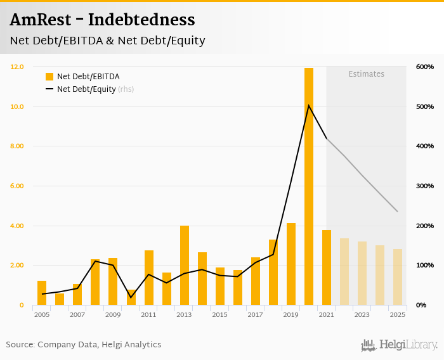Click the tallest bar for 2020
coord(309,186)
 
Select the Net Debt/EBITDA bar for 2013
coord(185,266)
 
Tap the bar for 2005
coord(42,293)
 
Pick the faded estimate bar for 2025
coord(398,277)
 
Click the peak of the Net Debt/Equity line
coord(309,105)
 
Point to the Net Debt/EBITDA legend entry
coord(82,77)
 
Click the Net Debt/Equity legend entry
coord(86,89)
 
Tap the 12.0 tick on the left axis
coord(17,67)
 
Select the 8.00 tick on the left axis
coord(17,146)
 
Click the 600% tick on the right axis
coord(425,67)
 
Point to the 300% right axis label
coord(425,186)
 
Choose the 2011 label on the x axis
coord(148,314)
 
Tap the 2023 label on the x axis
coord(362,314)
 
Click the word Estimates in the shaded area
coord(367,74)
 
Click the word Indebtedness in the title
coord(141,20)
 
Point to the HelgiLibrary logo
coord(400,345)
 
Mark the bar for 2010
coord(131,297)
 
